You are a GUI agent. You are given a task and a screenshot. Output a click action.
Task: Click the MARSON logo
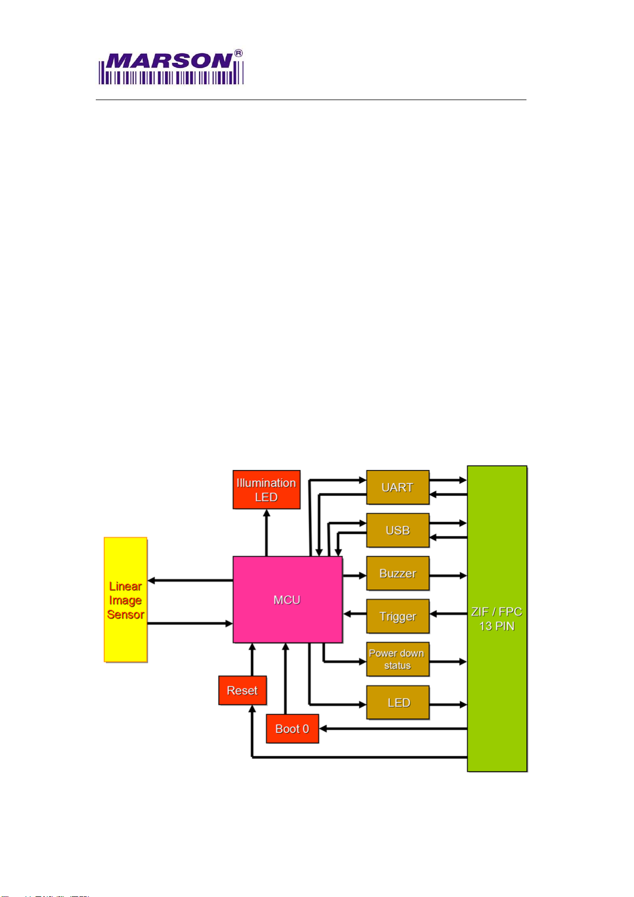point(170,68)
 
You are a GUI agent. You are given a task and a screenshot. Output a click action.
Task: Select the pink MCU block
point(287,599)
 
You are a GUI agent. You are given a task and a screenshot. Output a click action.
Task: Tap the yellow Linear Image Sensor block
point(126,600)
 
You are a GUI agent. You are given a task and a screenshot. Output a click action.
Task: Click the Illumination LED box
point(266,490)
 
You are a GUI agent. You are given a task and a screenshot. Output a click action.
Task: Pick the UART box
point(398,487)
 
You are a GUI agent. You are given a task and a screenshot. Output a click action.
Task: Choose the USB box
point(398,530)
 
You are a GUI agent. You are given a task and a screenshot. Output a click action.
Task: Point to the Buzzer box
point(398,573)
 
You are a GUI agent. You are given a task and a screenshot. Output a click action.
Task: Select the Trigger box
point(398,616)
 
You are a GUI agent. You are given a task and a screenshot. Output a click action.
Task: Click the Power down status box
point(398,659)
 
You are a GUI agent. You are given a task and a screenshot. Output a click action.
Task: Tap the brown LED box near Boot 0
point(398,703)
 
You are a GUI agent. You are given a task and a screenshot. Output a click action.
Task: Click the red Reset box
point(242,690)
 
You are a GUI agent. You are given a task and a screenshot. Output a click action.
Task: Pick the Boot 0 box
point(292,729)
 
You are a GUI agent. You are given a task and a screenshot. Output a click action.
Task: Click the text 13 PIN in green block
point(497,626)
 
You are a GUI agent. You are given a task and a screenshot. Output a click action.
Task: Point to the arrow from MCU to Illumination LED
point(267,532)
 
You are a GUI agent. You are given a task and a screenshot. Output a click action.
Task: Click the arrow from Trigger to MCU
point(355,614)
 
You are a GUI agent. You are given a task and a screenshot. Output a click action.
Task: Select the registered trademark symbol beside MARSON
point(238,53)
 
